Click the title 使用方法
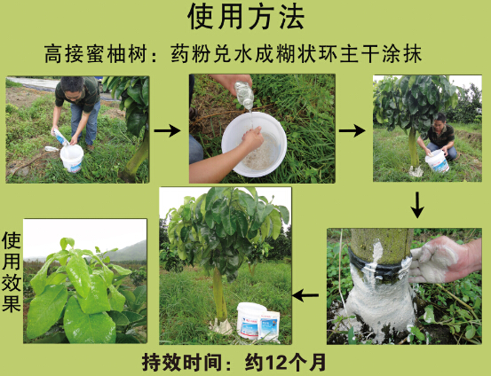tap(246, 16)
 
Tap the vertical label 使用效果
tap(12, 272)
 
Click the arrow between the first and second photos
tap(167, 130)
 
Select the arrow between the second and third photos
tap(352, 130)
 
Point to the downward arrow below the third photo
tap(417, 205)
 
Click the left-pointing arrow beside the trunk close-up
tap(305, 295)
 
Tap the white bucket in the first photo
tap(72, 158)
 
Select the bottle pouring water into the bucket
tap(243, 95)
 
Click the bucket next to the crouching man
tap(438, 161)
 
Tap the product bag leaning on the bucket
tap(269, 325)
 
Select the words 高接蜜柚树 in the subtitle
tap(96, 54)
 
